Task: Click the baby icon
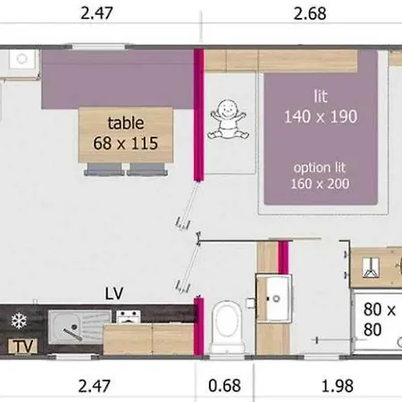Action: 229,120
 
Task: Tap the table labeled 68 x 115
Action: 126,135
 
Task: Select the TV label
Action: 23,347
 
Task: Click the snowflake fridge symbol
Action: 19,321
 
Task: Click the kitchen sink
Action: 80,327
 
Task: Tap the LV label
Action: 114,294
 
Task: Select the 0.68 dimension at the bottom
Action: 224,386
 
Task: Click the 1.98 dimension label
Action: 338,386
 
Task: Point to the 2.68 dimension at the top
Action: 310,13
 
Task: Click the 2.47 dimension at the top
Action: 96,13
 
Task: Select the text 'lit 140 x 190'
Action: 321,106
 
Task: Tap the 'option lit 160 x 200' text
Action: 320,176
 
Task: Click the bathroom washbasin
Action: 274,298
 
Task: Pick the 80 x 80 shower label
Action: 379,320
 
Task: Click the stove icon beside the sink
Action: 128,316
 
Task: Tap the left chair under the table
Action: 104,169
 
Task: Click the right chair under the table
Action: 147,169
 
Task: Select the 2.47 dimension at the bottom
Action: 95,386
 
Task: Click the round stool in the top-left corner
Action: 22,59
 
